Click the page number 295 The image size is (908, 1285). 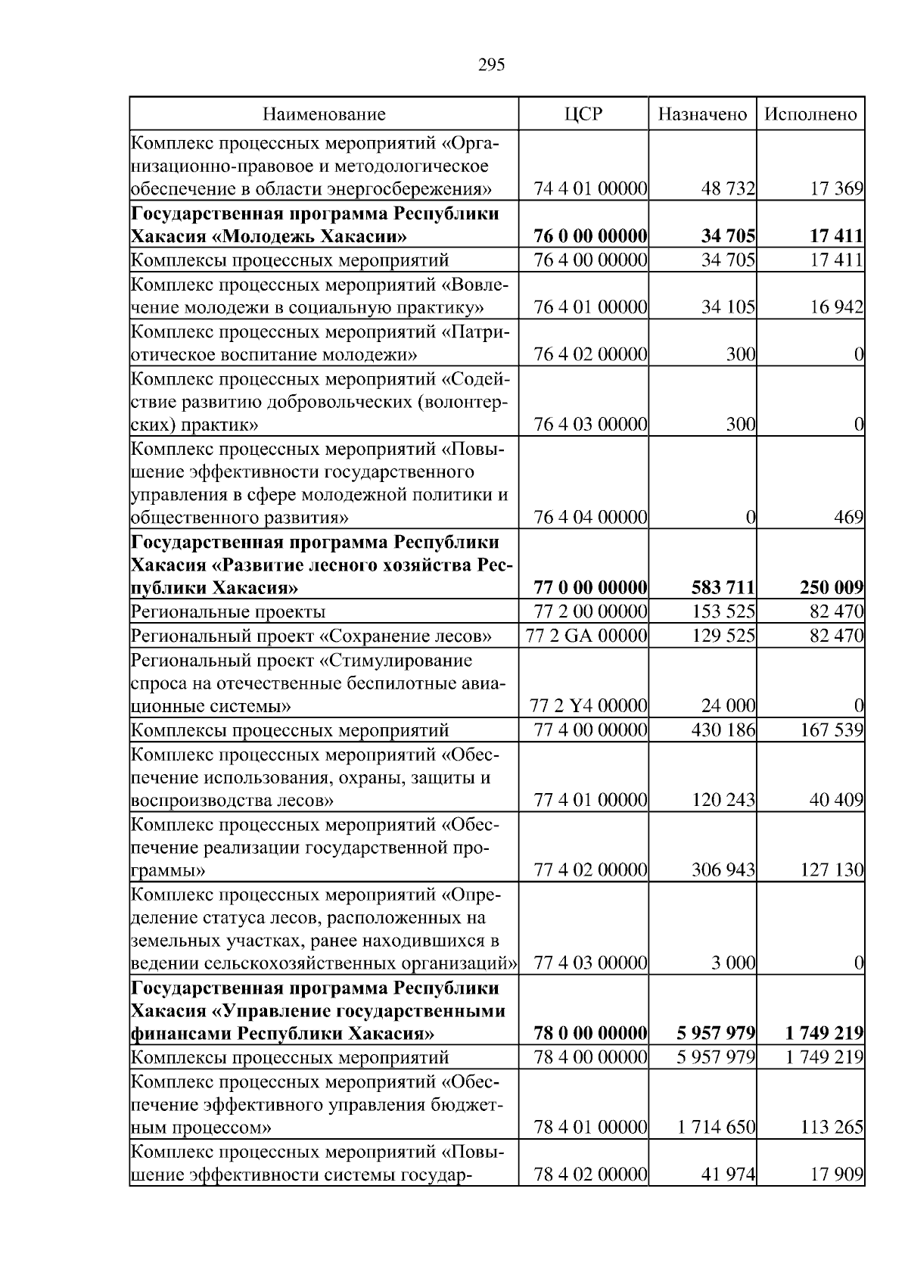[491, 65]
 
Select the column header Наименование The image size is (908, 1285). [324, 114]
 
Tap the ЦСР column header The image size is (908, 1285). [583, 114]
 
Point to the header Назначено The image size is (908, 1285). [702, 114]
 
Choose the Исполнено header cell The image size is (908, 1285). [810, 114]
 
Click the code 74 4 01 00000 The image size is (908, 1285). [590, 189]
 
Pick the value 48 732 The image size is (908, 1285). [728, 189]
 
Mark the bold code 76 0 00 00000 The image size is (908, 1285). [590, 237]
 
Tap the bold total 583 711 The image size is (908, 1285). [723, 588]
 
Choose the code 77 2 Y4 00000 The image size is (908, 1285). [589, 706]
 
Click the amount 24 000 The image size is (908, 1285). [728, 706]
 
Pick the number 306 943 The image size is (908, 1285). [723, 870]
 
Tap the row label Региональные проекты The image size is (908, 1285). [229, 611]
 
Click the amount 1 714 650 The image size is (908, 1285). [716, 1128]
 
